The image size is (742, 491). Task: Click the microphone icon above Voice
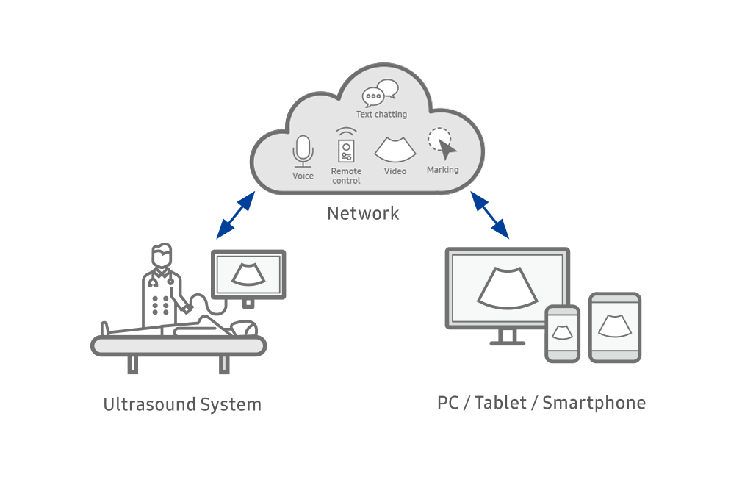(x=303, y=151)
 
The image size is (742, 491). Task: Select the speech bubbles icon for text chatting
(x=381, y=93)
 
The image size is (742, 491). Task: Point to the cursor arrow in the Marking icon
(x=447, y=149)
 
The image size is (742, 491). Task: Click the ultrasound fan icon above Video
(x=395, y=150)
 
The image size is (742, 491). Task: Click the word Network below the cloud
(x=363, y=214)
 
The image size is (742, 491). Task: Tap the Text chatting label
(x=381, y=115)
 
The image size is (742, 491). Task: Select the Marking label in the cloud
(x=442, y=170)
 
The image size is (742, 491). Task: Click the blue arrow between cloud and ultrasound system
(x=236, y=215)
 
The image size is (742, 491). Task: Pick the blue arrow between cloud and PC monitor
(x=490, y=215)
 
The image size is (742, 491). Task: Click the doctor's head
(x=162, y=256)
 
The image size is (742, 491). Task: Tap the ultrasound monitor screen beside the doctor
(x=248, y=275)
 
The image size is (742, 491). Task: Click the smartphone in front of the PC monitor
(x=562, y=334)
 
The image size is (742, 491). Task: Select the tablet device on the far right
(x=615, y=328)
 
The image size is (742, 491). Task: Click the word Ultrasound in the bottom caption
(x=149, y=404)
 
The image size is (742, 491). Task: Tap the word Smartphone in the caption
(x=594, y=403)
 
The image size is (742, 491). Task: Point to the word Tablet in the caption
(x=500, y=403)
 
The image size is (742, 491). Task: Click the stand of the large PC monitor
(x=508, y=337)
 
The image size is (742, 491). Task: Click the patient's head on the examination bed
(x=245, y=328)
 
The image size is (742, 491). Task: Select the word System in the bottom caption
(x=231, y=405)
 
